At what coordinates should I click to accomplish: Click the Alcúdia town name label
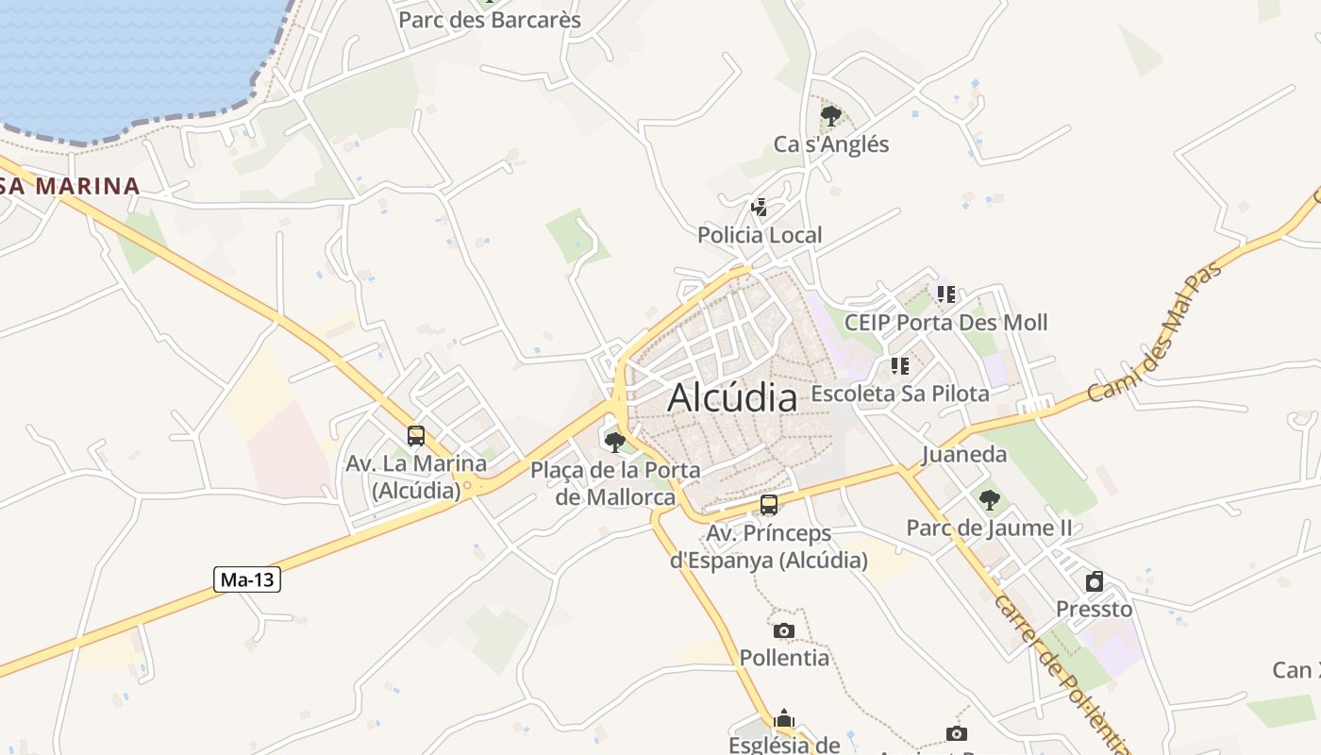pyautogui.click(x=732, y=397)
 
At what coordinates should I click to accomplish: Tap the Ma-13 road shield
pyautogui.click(x=248, y=579)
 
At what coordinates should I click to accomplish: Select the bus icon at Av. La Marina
pyautogui.click(x=416, y=436)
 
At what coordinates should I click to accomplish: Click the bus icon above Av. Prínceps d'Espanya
pyautogui.click(x=769, y=505)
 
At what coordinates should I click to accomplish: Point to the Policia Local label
pyautogui.click(x=760, y=235)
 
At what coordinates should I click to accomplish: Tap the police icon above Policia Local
pyautogui.click(x=759, y=207)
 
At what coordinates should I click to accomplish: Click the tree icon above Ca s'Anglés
pyautogui.click(x=831, y=116)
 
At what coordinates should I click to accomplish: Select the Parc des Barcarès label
pyautogui.click(x=490, y=19)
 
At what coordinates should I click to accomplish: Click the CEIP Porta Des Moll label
pyautogui.click(x=945, y=323)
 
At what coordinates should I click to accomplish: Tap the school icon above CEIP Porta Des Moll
pyautogui.click(x=946, y=294)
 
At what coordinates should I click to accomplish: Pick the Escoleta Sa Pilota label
pyautogui.click(x=900, y=394)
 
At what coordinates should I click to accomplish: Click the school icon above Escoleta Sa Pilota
pyautogui.click(x=900, y=365)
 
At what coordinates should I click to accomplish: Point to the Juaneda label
pyautogui.click(x=964, y=455)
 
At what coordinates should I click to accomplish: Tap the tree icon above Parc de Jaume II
pyautogui.click(x=989, y=499)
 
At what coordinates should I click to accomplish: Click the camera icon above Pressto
pyautogui.click(x=1095, y=580)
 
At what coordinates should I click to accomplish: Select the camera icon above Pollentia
pyautogui.click(x=783, y=630)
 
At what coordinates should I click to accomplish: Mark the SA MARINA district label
pyautogui.click(x=71, y=186)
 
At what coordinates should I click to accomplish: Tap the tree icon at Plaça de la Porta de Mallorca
pyautogui.click(x=615, y=442)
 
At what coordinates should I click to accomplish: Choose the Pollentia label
pyautogui.click(x=784, y=658)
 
